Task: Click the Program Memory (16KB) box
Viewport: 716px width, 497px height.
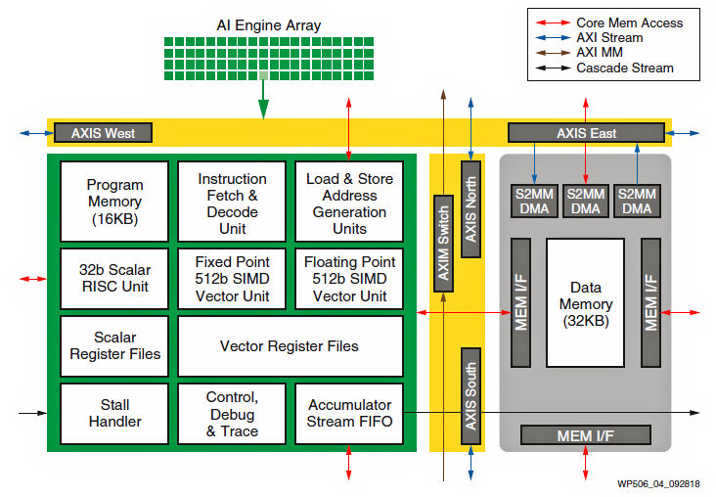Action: coord(114,202)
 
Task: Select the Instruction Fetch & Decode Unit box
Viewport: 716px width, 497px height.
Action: coord(232,202)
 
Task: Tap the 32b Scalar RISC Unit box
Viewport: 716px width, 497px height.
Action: coord(114,277)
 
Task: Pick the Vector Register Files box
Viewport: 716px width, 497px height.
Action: coord(289,345)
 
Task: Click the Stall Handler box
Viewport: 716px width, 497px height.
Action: coord(114,413)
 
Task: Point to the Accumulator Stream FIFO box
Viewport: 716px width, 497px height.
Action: coord(349,413)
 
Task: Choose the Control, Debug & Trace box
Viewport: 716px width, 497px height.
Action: coord(232,413)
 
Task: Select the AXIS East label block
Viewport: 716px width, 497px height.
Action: coord(586,133)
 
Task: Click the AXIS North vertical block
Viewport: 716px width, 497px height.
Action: coord(471,209)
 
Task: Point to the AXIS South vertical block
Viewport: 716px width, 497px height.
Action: coord(471,395)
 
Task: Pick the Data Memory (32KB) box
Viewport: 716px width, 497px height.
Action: coord(585,304)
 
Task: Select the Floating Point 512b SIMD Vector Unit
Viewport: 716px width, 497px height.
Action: coord(349,277)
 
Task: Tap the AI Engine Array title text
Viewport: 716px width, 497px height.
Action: coord(267,24)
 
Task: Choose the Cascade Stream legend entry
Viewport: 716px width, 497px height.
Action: coord(624,68)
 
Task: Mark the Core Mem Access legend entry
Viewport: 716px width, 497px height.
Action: coord(629,23)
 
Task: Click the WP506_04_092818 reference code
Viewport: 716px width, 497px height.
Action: coord(658,484)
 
